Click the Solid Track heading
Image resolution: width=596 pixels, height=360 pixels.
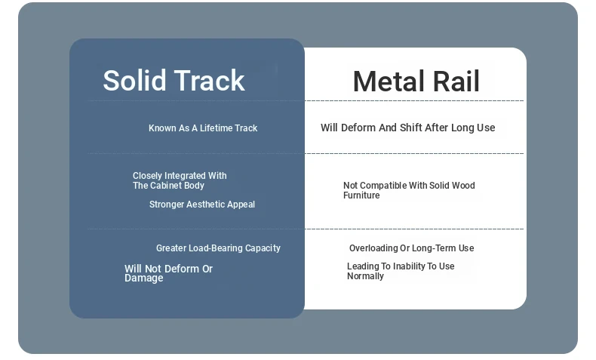pyautogui.click(x=174, y=80)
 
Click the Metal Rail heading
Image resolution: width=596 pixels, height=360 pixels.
pyautogui.click(x=416, y=82)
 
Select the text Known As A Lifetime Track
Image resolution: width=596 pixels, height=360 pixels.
pyautogui.click(x=203, y=128)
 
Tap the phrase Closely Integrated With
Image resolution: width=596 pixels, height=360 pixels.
pyautogui.click(x=180, y=176)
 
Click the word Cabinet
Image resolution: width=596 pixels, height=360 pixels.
pyautogui.click(x=168, y=186)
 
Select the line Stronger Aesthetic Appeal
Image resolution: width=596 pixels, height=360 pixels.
pyautogui.click(x=202, y=205)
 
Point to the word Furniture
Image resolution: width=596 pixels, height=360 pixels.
pyautogui.click(x=361, y=195)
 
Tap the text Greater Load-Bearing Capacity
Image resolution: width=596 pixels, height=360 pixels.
pyautogui.click(x=218, y=248)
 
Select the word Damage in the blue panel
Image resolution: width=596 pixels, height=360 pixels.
pyautogui.click(x=143, y=278)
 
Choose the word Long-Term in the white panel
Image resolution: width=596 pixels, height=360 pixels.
pyautogui.click(x=434, y=248)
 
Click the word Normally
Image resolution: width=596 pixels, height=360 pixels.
pyautogui.click(x=365, y=276)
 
